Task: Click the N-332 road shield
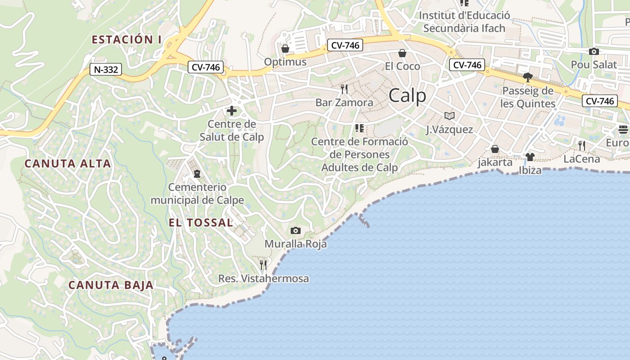(x=106, y=69)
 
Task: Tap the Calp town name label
(x=407, y=95)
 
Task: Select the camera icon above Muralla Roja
(x=296, y=231)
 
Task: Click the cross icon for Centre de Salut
(x=232, y=111)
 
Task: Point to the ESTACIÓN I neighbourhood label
(x=126, y=40)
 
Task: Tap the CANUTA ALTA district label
(x=67, y=163)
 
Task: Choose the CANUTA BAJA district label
(x=111, y=285)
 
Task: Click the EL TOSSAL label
(x=201, y=222)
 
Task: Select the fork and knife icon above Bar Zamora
(x=344, y=89)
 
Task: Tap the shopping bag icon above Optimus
(x=285, y=49)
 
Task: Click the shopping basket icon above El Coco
(x=402, y=54)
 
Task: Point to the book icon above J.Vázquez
(x=449, y=116)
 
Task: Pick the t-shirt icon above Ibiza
(x=530, y=157)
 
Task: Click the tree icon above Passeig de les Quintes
(x=528, y=77)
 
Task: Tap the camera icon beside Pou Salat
(x=594, y=52)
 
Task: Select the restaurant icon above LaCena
(x=582, y=145)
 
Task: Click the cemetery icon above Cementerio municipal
(x=197, y=173)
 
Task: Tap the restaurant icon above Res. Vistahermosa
(x=263, y=265)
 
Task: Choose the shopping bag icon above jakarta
(x=495, y=149)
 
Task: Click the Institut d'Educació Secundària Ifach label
(x=464, y=22)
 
